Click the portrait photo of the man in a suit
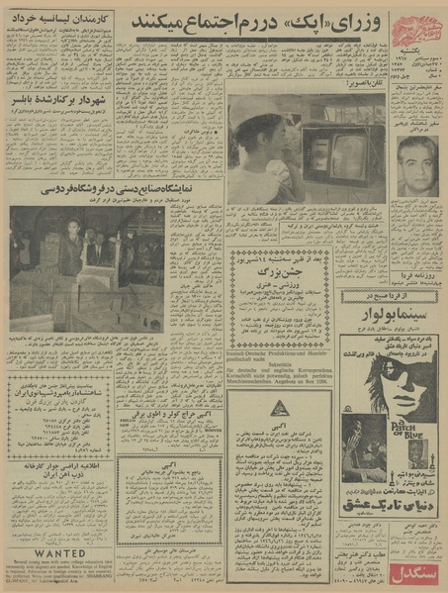pos(417,164)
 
